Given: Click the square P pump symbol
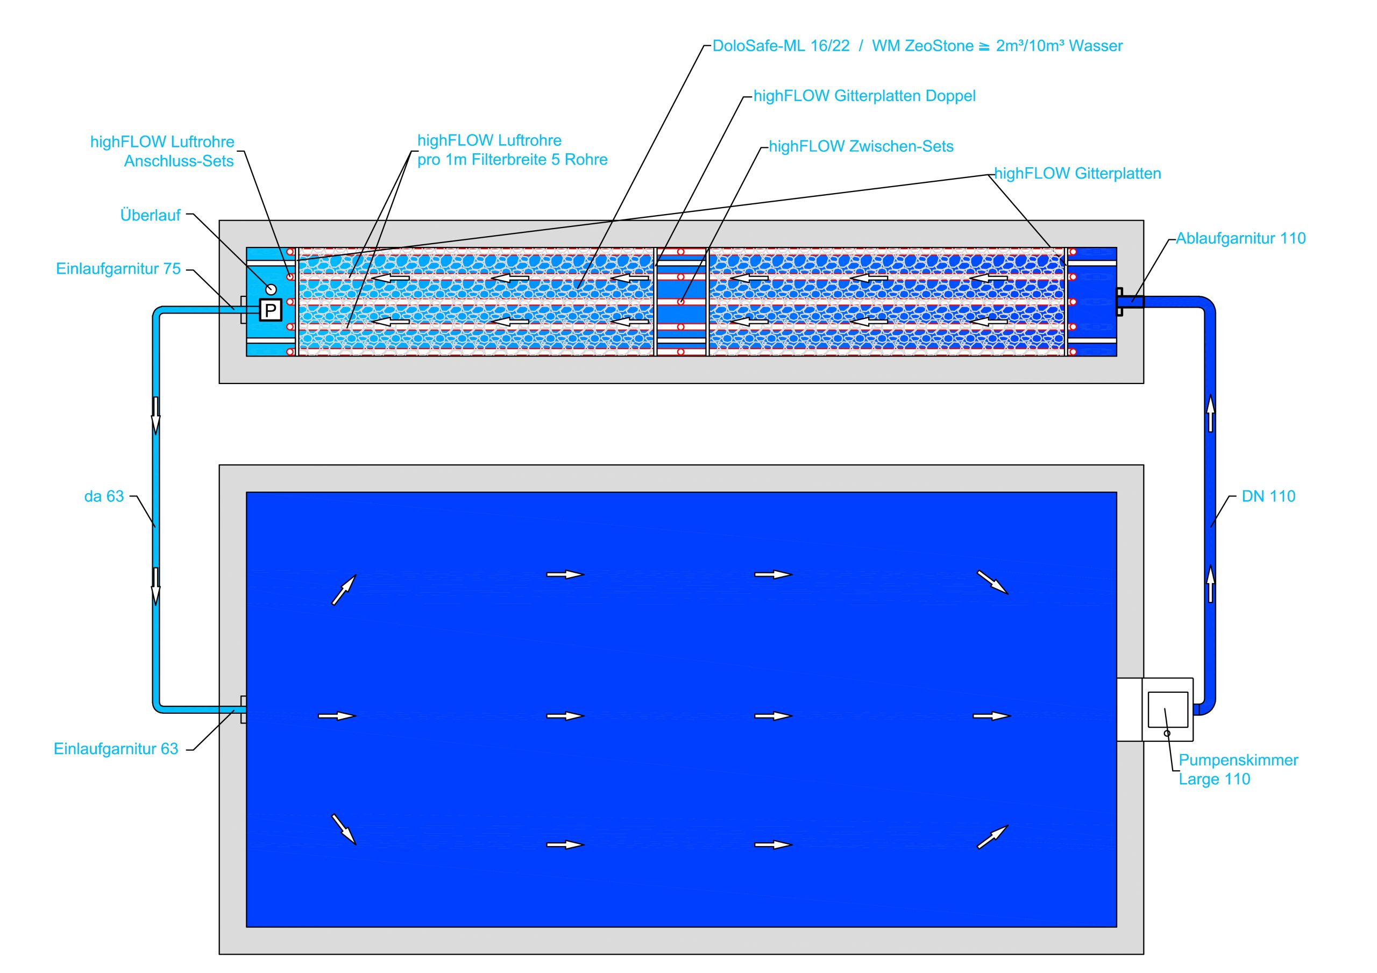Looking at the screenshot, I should [x=271, y=310].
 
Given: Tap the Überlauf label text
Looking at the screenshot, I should [x=150, y=215].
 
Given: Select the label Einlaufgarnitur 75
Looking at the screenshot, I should [x=118, y=268].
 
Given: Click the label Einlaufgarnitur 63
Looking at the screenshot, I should [x=116, y=749].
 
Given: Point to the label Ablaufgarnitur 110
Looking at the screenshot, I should [x=1240, y=238].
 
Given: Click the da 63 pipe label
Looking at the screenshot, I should [x=104, y=496].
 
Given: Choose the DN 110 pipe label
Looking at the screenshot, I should [x=1268, y=496].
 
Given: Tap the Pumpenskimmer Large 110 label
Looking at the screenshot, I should [x=1238, y=769].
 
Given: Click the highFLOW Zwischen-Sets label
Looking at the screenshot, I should [x=861, y=146].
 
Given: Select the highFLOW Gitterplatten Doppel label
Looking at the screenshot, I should [x=864, y=96].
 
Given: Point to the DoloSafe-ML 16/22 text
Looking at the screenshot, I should [x=781, y=46].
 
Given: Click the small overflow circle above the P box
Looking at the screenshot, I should [x=271, y=289].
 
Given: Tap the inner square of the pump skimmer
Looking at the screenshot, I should [x=1167, y=709].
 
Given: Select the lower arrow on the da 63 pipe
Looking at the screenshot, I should [x=156, y=586].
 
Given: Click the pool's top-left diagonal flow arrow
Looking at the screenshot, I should [x=344, y=590].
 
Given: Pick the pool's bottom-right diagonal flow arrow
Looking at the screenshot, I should [x=992, y=837].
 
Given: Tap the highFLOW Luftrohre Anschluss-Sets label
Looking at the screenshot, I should [x=162, y=151].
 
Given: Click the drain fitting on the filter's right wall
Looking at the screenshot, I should [x=1120, y=302].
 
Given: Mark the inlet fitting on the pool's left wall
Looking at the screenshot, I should [x=243, y=709].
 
